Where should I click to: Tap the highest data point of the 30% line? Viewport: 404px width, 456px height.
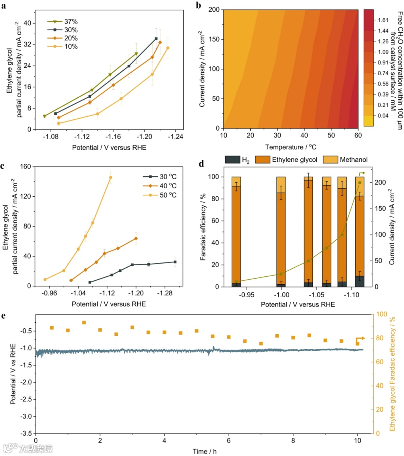tap(156, 39)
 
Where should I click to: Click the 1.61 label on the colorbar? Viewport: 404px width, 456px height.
tap(383, 20)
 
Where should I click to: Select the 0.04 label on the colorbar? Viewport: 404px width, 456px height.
tap(383, 116)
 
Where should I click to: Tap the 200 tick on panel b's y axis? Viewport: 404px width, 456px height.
tap(214, 10)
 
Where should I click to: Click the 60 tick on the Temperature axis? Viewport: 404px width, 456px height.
tap(358, 136)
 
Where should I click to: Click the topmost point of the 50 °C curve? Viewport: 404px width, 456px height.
tap(110, 177)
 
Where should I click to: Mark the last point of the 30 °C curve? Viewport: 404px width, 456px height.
tap(175, 262)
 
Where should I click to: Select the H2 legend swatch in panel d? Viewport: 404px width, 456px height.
tap(233, 160)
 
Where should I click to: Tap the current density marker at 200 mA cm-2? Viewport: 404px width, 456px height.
tap(359, 183)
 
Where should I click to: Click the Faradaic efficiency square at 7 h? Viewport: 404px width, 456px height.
tap(261, 344)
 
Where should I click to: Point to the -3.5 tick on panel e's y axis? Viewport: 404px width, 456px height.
tap(26, 434)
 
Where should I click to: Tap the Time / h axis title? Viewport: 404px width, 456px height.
tap(204, 452)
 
